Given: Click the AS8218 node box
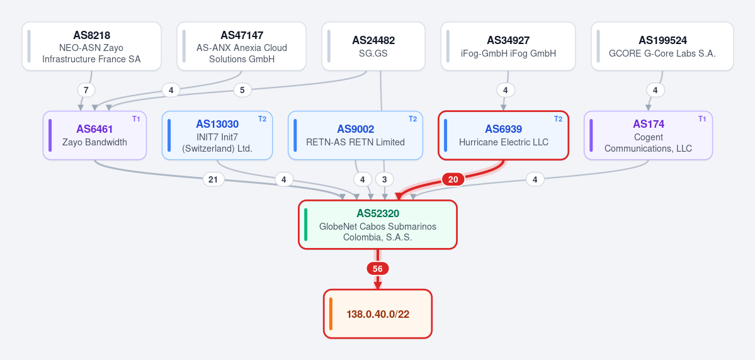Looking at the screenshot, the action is (91, 46).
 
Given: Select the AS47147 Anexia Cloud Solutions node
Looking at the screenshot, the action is (242, 46).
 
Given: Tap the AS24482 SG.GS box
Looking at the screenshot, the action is (373, 46).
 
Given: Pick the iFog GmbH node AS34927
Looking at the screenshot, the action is (508, 46).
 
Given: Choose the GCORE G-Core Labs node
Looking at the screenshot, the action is (662, 46).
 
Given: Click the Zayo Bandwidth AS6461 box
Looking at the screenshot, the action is (95, 135).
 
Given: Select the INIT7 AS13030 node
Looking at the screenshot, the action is (217, 135).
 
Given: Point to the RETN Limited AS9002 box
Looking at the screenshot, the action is (355, 135).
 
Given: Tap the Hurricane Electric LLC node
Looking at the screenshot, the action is (504, 135).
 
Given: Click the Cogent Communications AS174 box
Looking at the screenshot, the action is (648, 135).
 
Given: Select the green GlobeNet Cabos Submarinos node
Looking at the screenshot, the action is (378, 225).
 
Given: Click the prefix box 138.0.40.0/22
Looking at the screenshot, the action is (378, 314).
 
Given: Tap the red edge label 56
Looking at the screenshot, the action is (378, 269).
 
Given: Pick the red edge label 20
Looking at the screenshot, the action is (453, 179).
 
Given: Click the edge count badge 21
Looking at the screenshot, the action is (213, 179).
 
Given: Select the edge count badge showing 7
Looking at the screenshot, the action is (86, 90).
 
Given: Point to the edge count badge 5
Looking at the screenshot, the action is (242, 90).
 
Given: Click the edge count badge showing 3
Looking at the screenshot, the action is (384, 179).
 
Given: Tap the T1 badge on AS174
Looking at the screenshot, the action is (702, 119).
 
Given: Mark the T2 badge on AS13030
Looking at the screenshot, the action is (263, 119).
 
